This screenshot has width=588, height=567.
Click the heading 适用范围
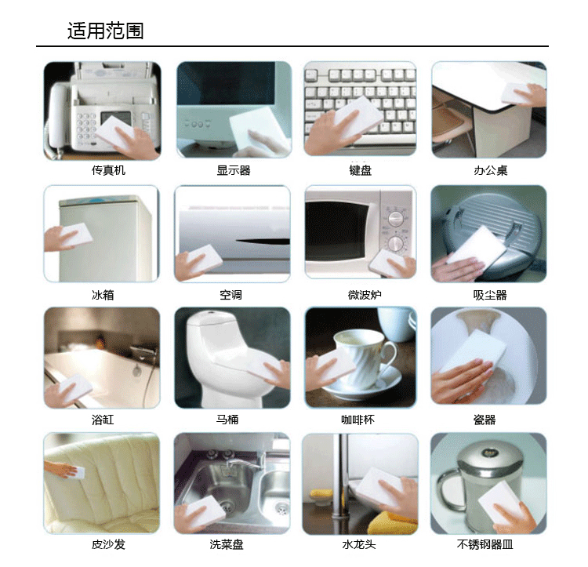[105, 31]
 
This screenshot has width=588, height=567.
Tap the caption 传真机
[108, 170]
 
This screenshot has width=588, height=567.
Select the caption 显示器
[234, 170]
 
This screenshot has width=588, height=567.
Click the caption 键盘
[361, 170]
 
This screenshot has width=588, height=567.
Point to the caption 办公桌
[490, 170]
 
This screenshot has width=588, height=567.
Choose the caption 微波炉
[365, 295]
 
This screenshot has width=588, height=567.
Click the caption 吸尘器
[490, 295]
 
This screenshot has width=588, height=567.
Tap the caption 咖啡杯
[358, 420]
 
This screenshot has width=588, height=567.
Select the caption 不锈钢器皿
[485, 544]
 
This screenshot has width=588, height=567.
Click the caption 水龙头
[358, 544]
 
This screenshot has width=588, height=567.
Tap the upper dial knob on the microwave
[395, 219]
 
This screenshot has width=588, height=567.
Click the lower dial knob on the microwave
[396, 243]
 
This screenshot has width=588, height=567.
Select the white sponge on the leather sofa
[79, 472]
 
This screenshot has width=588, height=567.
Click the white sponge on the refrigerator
[77, 234]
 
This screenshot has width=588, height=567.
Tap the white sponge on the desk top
[517, 94]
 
